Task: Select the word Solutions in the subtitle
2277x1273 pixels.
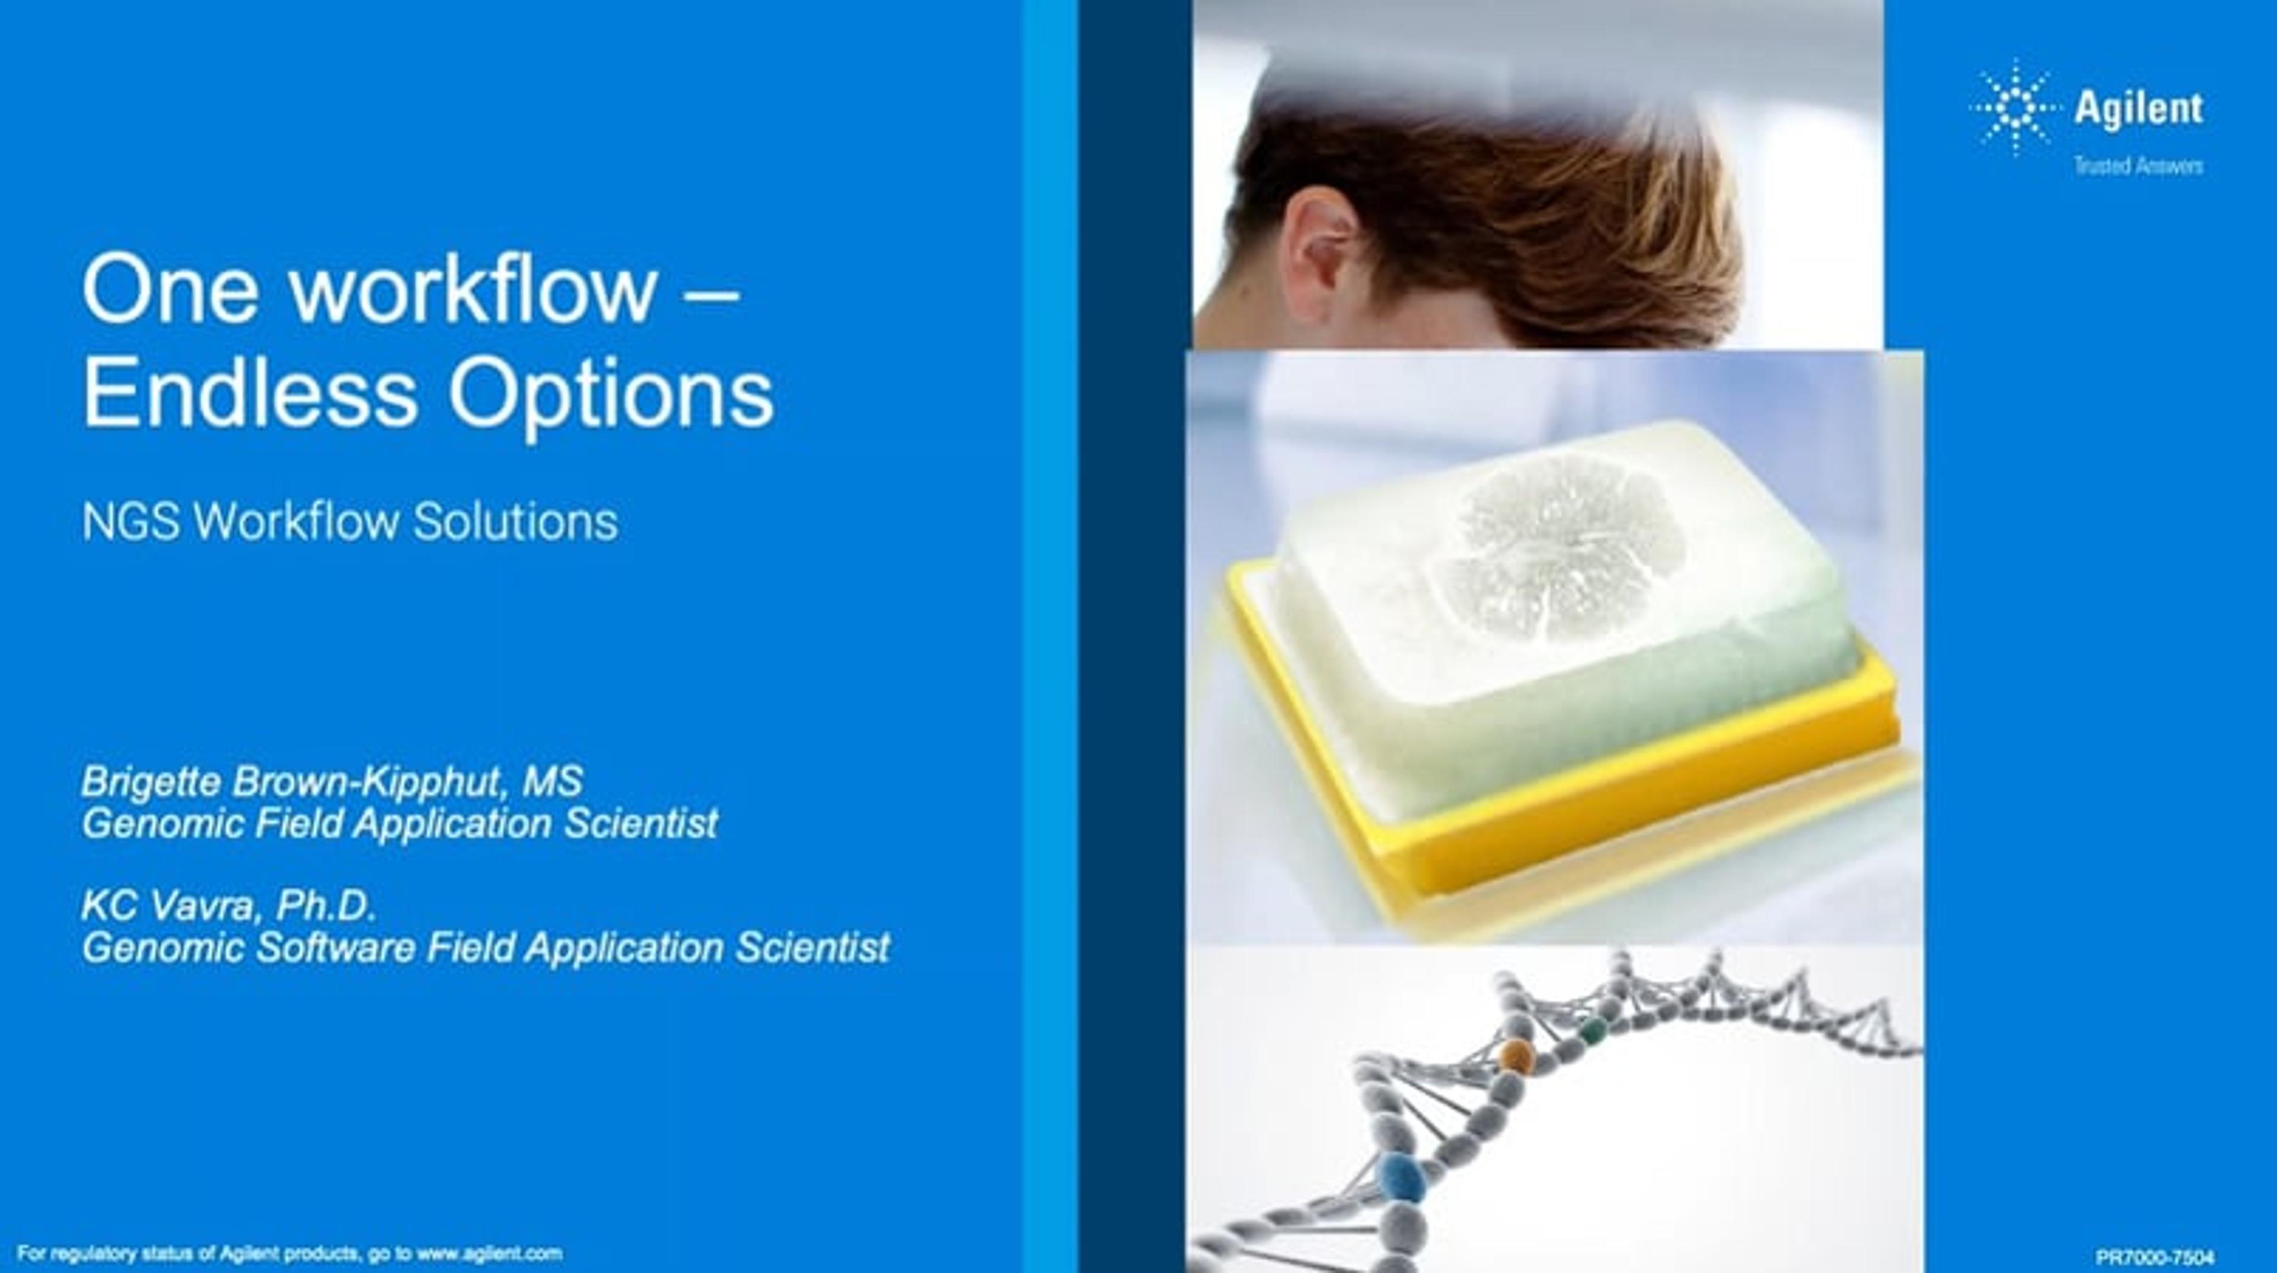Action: click(x=515, y=522)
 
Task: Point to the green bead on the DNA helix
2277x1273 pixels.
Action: click(x=1592, y=1028)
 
